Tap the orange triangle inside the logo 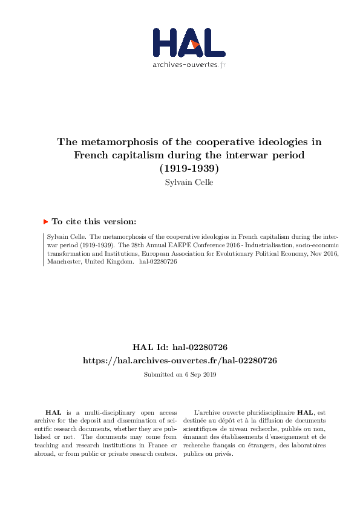coord(194,44)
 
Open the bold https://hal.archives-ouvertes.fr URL coord(180,360)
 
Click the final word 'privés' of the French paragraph coord(224,454)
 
